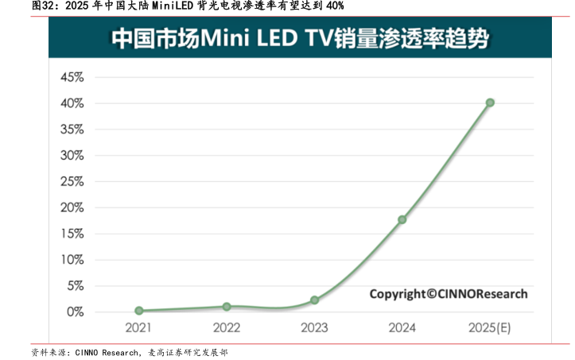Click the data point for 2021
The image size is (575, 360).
coord(139,311)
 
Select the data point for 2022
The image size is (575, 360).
coord(227,306)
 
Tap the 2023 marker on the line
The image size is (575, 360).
coord(315,300)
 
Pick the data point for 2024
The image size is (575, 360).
coord(402,219)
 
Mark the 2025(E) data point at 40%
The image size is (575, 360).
coord(490,103)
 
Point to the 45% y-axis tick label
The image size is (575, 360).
coord(72,78)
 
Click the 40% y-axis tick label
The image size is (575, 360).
coord(72,103)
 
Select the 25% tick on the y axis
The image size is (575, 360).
coord(72,181)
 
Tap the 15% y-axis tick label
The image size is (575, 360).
coord(72,234)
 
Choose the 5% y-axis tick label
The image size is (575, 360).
coord(74,285)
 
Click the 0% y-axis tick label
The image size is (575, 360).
coord(74,312)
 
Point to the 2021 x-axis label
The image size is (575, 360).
coord(139,327)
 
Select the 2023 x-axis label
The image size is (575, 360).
coord(315,327)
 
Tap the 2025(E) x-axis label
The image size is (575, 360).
coord(489,327)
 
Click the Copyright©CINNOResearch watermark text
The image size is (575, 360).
coord(448,294)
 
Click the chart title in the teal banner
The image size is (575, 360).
coord(300,37)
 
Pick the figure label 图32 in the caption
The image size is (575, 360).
coord(21,6)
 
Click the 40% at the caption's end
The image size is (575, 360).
coord(335,6)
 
